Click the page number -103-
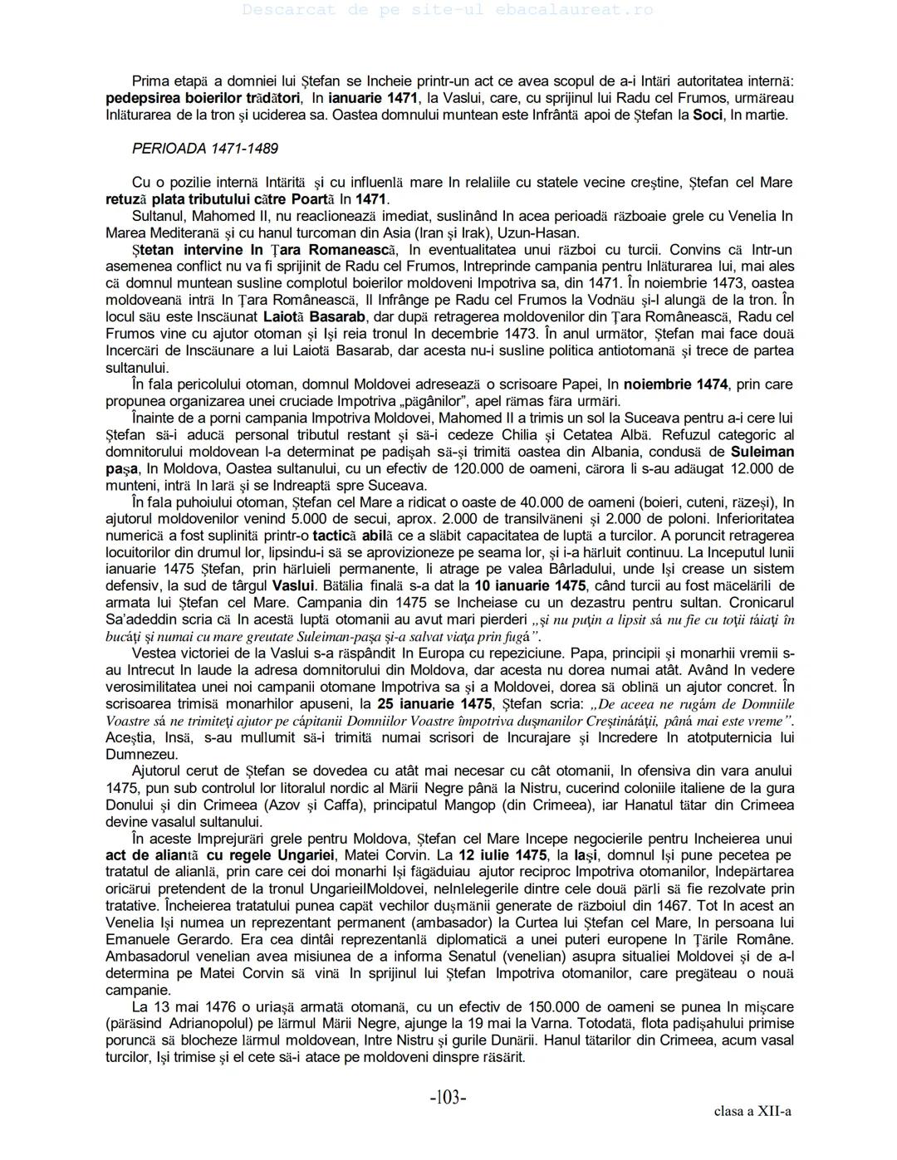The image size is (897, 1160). [x=448, y=1098]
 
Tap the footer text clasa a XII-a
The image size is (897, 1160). [x=752, y=1111]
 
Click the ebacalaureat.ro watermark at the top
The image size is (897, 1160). [x=448, y=10]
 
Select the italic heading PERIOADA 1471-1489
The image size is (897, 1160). [x=204, y=149]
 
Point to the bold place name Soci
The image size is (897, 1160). [x=708, y=115]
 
